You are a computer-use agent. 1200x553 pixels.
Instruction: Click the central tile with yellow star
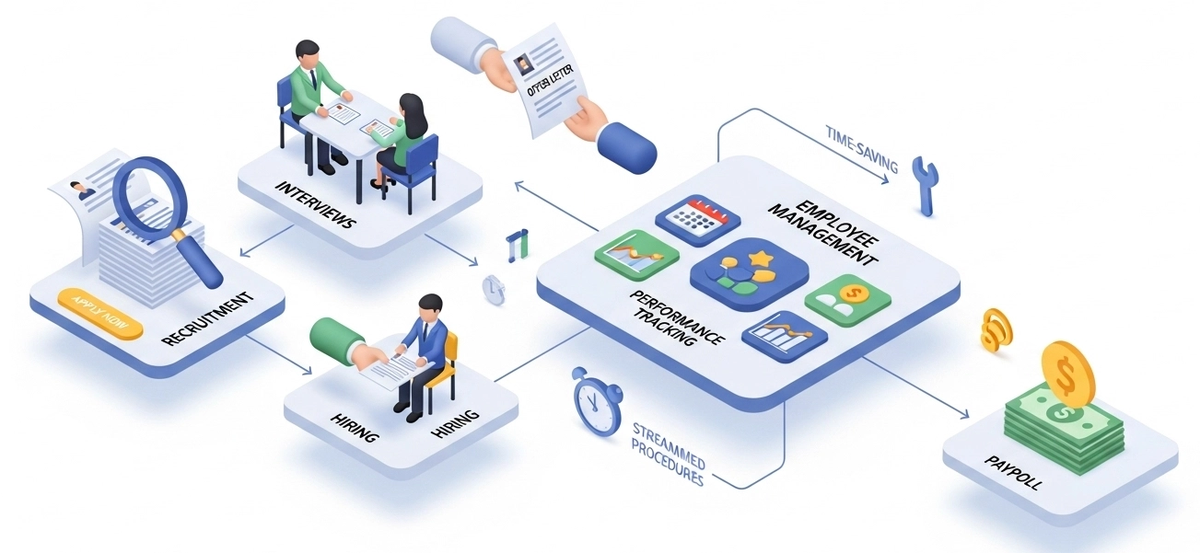[x=748, y=275]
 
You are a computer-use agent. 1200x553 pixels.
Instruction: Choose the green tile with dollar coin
[x=848, y=300]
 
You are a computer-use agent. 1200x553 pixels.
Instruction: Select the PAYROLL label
[x=1011, y=470]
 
